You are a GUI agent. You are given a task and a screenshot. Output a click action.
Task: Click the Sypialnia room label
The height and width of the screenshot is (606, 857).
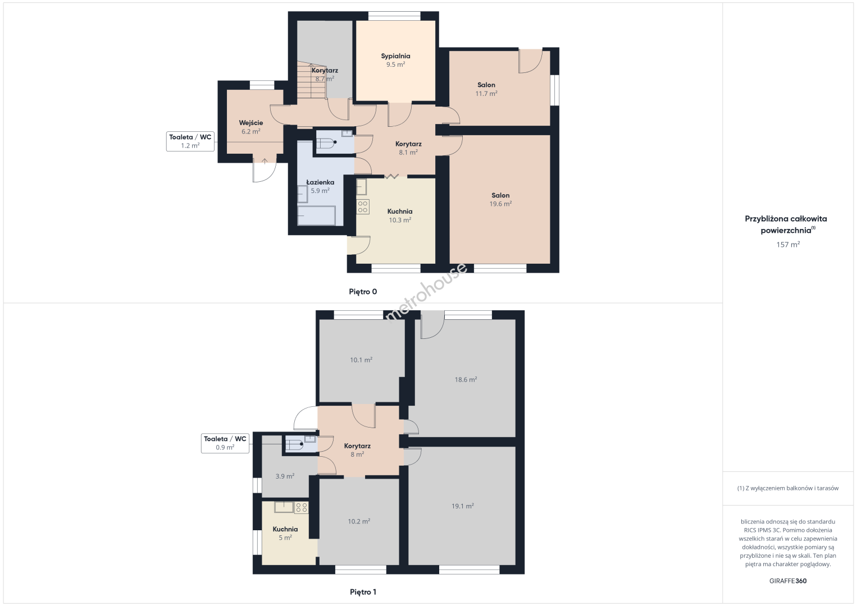click(395, 56)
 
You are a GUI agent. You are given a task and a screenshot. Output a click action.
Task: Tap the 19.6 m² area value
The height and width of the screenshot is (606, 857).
click(500, 204)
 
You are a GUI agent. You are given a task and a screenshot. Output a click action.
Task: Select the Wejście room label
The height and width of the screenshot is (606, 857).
click(251, 123)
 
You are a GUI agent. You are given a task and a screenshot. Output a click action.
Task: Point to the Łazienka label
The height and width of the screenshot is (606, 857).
click(320, 182)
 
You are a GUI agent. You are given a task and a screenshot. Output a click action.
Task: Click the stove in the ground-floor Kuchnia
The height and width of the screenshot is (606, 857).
click(363, 207)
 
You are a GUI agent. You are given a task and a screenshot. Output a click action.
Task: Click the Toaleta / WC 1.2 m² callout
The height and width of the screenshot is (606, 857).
click(190, 141)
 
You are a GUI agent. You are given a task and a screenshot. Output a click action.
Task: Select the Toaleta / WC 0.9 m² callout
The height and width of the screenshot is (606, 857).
click(225, 443)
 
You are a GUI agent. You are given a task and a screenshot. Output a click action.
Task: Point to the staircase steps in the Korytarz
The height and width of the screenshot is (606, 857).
click(312, 80)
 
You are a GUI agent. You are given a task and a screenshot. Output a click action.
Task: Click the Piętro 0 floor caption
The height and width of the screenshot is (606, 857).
click(363, 292)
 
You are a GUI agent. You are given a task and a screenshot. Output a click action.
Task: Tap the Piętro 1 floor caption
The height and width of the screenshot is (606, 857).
click(363, 592)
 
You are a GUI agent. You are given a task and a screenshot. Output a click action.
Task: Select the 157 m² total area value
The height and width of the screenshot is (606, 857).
click(788, 245)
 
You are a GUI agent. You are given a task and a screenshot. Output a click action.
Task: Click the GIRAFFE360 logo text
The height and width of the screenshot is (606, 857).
click(788, 581)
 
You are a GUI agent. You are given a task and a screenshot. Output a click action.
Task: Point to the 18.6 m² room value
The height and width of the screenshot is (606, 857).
click(466, 380)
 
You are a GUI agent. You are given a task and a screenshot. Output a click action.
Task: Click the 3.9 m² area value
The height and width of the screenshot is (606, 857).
click(285, 476)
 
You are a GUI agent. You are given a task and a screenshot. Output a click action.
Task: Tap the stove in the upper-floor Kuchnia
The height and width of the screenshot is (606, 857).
click(302, 507)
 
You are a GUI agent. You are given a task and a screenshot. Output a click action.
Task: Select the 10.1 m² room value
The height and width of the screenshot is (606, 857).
click(361, 360)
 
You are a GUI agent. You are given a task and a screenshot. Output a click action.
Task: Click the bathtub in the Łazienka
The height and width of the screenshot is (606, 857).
click(316, 215)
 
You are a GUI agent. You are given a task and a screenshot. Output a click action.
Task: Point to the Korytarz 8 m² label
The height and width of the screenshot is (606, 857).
click(357, 450)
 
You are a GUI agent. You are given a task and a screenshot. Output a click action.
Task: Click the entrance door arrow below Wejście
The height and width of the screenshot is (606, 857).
click(265, 161)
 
